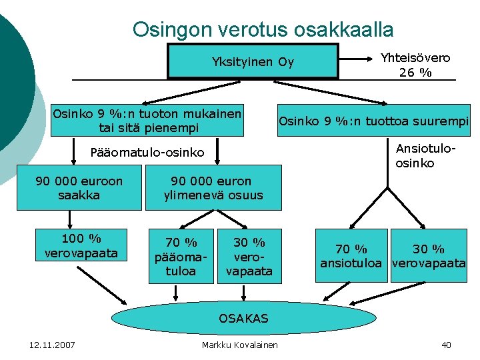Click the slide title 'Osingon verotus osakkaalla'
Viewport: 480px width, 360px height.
[x=263, y=29]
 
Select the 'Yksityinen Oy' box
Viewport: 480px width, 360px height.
[x=253, y=62]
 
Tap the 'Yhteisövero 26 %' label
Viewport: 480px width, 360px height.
[x=415, y=65]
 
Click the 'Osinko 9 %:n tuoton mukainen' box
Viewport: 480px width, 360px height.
[x=147, y=120]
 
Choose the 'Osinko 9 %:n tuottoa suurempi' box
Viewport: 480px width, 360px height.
[x=374, y=121]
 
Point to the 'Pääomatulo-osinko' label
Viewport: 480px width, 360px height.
[x=147, y=153]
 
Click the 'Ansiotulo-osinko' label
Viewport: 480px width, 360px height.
[x=424, y=155]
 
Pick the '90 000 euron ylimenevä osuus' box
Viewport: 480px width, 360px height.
[x=213, y=188]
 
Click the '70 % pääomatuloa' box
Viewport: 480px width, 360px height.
[x=181, y=257]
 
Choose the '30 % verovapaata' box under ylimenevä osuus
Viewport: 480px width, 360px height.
[x=249, y=257]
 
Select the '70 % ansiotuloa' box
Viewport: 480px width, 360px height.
[x=351, y=257]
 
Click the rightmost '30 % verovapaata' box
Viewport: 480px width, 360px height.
[x=429, y=257]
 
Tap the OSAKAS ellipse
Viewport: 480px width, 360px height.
[x=243, y=318]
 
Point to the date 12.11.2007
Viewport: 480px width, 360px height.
[x=53, y=345]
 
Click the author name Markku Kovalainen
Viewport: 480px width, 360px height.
[x=240, y=345]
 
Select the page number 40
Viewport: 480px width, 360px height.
[x=446, y=345]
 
